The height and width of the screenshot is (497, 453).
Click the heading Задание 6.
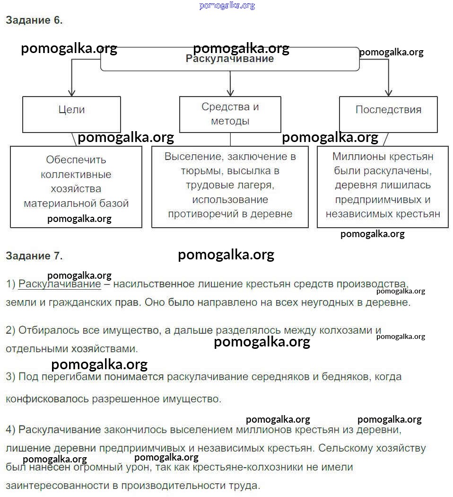click(x=34, y=20)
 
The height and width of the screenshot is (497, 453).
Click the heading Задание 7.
click(x=34, y=256)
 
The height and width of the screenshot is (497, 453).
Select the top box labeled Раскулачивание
click(x=230, y=59)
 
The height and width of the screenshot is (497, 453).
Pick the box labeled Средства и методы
click(x=230, y=114)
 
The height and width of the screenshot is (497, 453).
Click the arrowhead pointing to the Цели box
click(x=71, y=92)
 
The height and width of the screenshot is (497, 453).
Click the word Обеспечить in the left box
click(x=76, y=160)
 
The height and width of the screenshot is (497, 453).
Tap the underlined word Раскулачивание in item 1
click(x=60, y=284)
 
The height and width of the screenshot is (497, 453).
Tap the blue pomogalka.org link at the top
click(x=227, y=5)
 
